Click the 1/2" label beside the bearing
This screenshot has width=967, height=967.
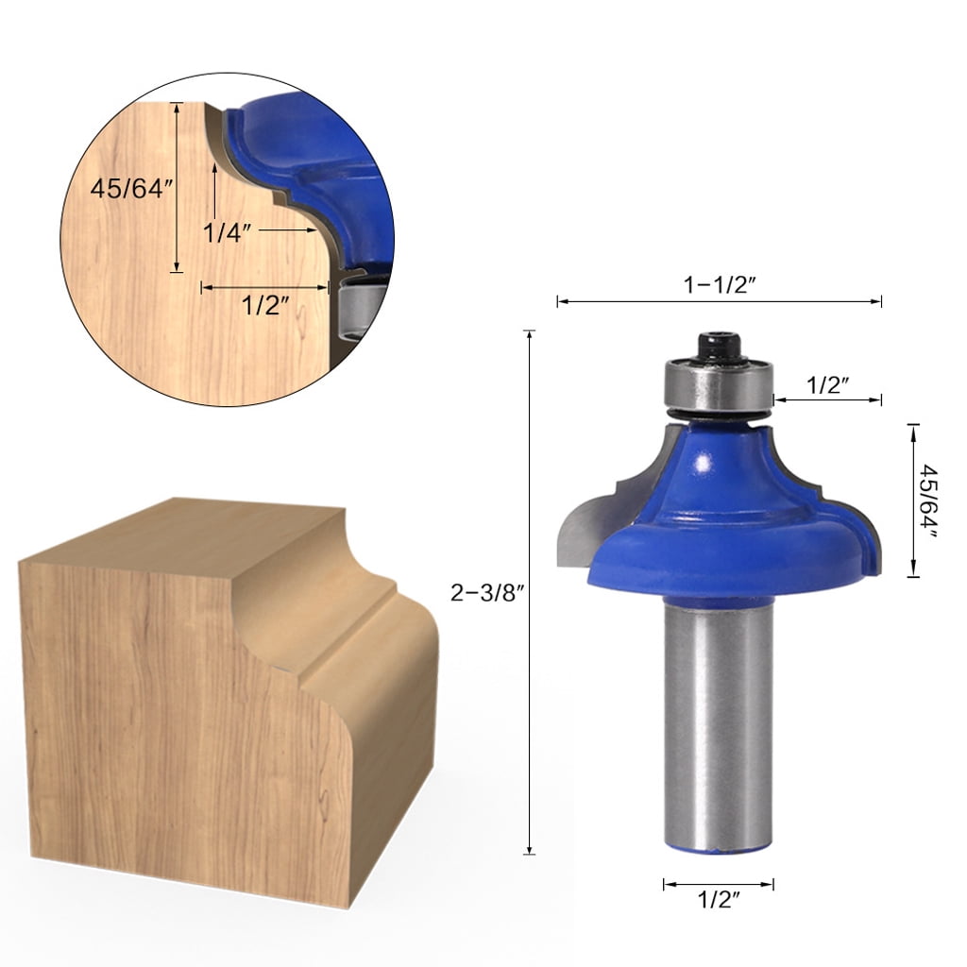(x=828, y=384)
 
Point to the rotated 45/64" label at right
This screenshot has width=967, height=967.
(x=930, y=500)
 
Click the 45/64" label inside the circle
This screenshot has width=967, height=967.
(x=132, y=189)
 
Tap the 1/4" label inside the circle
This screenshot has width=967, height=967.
(x=227, y=231)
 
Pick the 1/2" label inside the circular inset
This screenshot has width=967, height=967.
(x=264, y=305)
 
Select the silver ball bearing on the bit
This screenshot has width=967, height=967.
(x=720, y=387)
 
